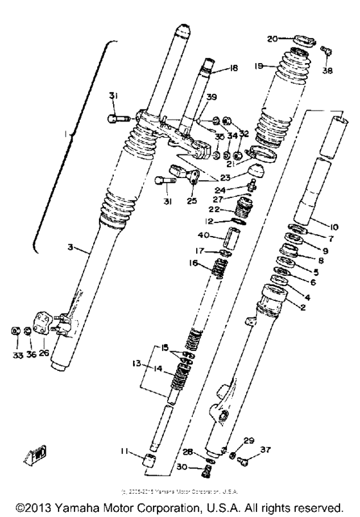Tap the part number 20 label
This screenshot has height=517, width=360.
click(x=272, y=39)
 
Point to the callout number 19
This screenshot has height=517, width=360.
click(x=256, y=66)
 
